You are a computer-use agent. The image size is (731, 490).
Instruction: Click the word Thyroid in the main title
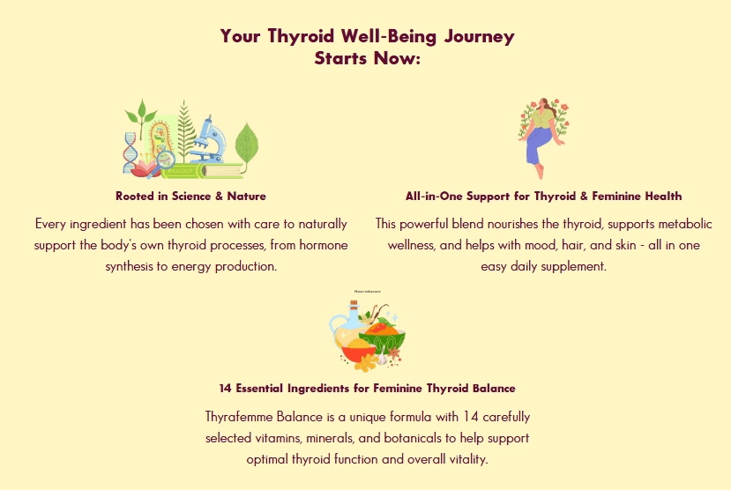click(302, 37)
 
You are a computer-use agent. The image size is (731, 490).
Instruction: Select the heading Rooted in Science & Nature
click(190, 197)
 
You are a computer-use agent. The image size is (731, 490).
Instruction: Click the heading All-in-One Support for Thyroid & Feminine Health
click(543, 197)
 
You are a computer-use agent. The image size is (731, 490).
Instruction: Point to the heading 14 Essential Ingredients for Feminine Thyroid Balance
click(368, 389)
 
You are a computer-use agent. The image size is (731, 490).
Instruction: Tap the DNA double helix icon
click(131, 152)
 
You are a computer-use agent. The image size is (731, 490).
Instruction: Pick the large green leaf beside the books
click(247, 144)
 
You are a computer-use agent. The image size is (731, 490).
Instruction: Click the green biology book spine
click(180, 171)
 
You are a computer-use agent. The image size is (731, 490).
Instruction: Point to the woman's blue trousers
click(540, 145)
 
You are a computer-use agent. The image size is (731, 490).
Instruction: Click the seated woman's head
click(543, 103)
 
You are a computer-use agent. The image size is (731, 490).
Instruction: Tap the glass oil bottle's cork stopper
click(354, 305)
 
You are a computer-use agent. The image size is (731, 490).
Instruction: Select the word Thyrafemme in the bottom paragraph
click(239, 416)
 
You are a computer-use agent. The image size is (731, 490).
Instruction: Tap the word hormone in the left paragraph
click(324, 245)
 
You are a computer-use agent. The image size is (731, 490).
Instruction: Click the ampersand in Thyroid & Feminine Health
click(584, 197)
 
